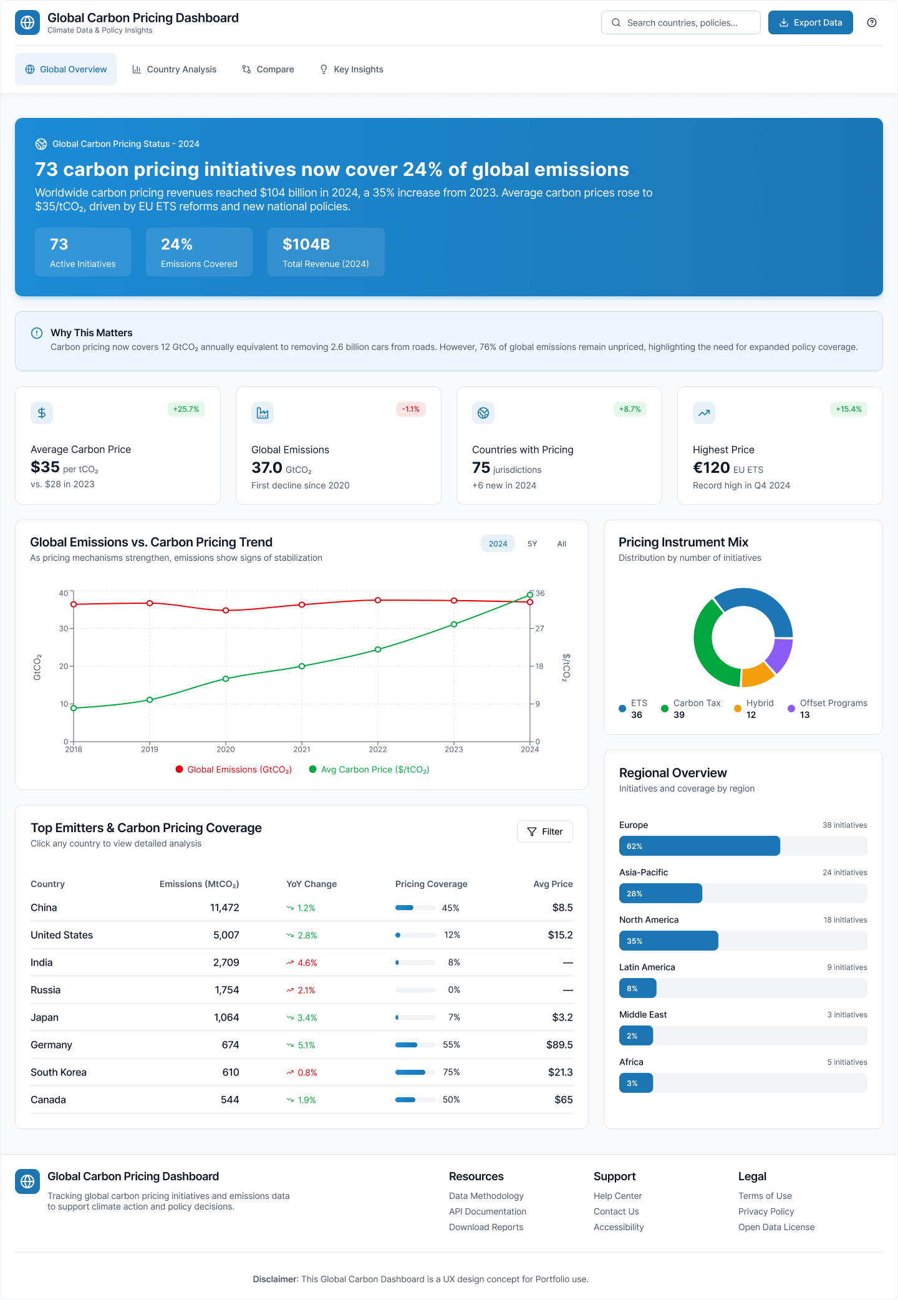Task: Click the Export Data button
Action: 810,22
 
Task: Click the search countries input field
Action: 681,22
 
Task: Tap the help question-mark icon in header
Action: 872,22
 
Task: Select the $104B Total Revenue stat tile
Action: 326,252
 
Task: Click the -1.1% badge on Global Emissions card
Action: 410,409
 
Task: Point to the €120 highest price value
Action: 711,468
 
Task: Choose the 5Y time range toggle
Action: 532,544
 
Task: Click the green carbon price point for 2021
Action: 302,666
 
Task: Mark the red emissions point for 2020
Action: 226,611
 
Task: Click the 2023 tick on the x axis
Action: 454,749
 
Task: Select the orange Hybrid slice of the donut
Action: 757,674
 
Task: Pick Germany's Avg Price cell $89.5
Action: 559,1045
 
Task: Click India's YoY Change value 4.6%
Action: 307,963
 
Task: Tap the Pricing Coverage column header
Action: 431,884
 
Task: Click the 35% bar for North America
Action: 669,941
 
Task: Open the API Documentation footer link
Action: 488,1211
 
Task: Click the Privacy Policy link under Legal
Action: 766,1211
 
